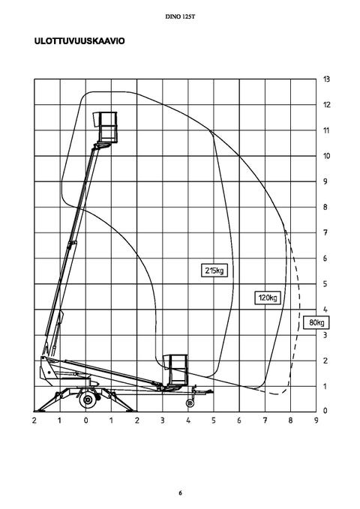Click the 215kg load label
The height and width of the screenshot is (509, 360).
click(214, 271)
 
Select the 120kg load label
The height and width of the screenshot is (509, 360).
click(268, 298)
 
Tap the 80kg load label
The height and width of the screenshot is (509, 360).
click(316, 322)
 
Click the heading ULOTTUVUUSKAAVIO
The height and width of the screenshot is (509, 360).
click(79, 41)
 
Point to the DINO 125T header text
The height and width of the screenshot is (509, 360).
click(180, 16)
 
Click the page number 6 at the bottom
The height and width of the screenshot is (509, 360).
click(180, 493)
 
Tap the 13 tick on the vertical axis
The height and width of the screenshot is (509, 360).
click(326, 79)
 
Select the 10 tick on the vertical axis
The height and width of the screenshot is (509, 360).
click(326, 156)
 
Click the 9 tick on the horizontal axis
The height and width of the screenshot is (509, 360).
click(316, 421)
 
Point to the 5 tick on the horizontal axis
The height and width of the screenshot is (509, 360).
click(214, 421)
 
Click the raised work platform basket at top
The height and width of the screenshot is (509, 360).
click(104, 127)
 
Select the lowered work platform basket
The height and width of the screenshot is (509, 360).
click(175, 370)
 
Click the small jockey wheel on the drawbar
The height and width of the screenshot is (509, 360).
click(190, 403)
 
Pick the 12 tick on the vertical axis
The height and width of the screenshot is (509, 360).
click(326, 104)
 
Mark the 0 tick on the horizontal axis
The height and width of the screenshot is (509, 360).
click(85, 421)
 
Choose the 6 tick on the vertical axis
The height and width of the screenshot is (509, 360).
click(325, 259)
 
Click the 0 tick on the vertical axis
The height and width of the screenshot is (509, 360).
click(325, 411)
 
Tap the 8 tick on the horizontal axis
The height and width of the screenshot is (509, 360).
click(290, 421)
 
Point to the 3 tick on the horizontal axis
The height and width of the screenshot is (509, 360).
click(163, 421)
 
